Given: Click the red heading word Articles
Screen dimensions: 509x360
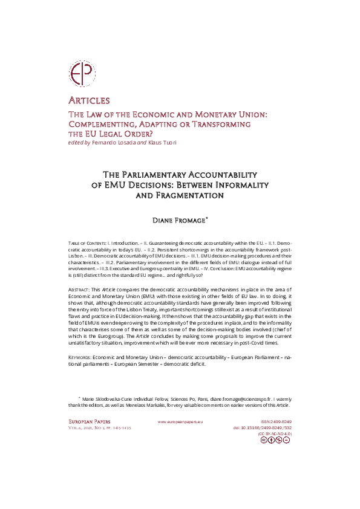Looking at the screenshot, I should point(88,100).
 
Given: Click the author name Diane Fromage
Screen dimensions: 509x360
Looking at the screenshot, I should point(180,220).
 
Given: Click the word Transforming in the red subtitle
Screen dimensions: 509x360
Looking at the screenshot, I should point(217,124).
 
